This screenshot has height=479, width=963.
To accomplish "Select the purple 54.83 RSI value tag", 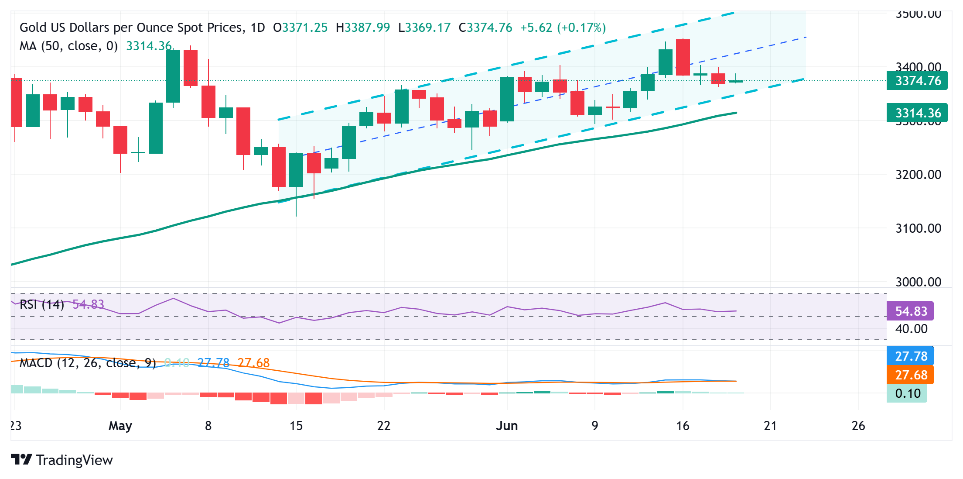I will [910, 311].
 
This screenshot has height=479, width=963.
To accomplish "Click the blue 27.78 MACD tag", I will [910, 356].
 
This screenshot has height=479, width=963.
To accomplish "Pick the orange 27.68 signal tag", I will [910, 375].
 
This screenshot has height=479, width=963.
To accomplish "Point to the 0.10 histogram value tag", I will [907, 394].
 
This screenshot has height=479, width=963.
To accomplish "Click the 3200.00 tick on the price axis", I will [918, 175].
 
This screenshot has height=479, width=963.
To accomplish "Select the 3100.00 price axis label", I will [918, 228].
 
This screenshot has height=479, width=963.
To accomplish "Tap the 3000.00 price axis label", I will [918, 282].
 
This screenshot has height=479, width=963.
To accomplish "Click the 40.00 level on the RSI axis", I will [911, 329].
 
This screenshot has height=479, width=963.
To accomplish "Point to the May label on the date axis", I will [120, 426].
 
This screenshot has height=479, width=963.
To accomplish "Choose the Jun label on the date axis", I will [507, 426].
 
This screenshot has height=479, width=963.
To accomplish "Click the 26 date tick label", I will [858, 426].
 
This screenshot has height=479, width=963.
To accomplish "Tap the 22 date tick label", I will [384, 426].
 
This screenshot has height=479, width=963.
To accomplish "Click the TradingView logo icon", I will [21, 460].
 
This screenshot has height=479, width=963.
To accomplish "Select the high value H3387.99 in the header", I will [363, 28].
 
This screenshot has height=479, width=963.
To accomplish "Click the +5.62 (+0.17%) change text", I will [563, 28].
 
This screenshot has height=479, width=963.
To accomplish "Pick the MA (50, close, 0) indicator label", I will [68, 46].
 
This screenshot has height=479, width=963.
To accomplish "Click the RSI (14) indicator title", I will [42, 304].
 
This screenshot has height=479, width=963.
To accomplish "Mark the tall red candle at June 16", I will [683, 57].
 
